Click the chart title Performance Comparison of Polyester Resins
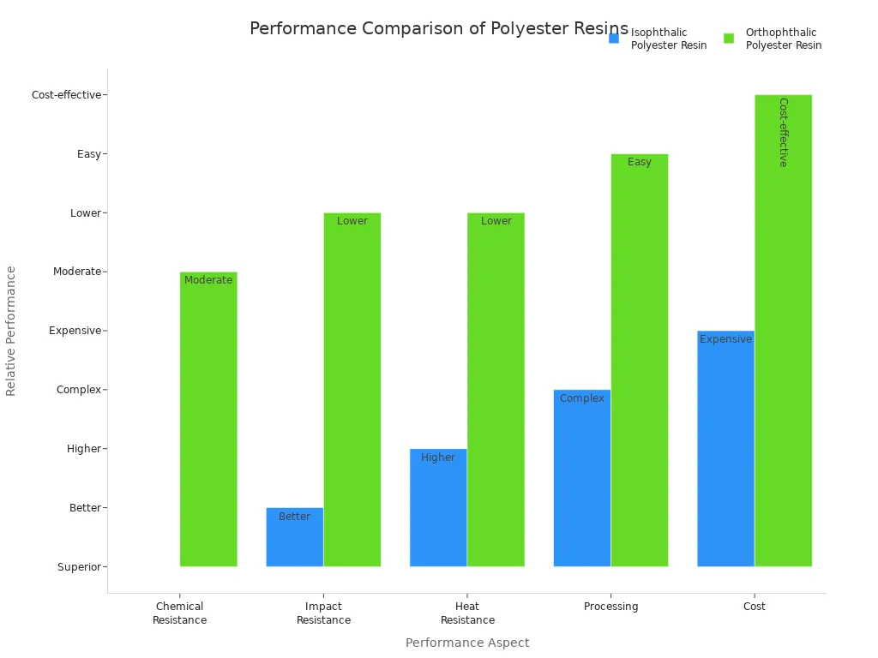point(438,29)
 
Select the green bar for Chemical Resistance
point(208,420)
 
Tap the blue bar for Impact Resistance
point(294,537)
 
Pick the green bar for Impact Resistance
point(352,390)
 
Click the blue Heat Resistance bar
point(438,507)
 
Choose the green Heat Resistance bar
point(496,390)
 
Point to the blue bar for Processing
point(582,478)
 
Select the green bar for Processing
point(640,360)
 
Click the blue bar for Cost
point(725,449)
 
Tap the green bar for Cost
point(783,331)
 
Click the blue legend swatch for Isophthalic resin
point(614,39)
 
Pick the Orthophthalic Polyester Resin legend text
point(783,39)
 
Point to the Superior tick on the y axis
point(80,567)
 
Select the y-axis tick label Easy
point(89,154)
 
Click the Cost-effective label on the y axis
point(66,95)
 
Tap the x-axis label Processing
point(610,607)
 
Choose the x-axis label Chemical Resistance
point(180,613)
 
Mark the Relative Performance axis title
point(11,331)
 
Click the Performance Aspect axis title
point(467,643)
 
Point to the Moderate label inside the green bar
point(208,280)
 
